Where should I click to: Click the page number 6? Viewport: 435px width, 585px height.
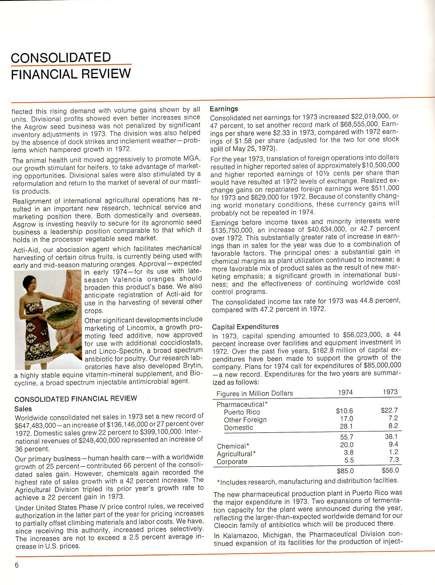click(x=17, y=565)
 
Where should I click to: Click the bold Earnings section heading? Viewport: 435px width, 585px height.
click(x=224, y=109)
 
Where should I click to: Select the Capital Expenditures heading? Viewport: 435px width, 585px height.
click(x=245, y=327)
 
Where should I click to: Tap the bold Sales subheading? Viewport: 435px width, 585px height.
click(x=23, y=409)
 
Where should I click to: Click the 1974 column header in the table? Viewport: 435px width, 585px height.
click(x=345, y=392)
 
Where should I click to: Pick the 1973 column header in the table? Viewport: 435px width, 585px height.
click(x=390, y=392)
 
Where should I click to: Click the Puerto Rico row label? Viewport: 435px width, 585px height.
click(x=242, y=412)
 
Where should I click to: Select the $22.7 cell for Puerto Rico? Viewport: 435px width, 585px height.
click(x=389, y=410)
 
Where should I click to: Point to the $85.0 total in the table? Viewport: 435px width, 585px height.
click(x=345, y=471)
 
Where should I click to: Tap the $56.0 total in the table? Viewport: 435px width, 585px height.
click(x=390, y=470)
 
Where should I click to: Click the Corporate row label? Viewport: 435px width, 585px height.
click(x=232, y=462)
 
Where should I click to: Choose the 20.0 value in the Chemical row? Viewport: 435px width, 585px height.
click(x=347, y=445)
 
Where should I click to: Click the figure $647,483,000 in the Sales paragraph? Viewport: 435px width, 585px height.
click(x=35, y=425)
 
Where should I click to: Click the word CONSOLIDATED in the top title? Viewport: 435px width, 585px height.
click(x=61, y=57)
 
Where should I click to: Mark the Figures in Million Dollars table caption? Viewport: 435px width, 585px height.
click(x=254, y=394)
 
